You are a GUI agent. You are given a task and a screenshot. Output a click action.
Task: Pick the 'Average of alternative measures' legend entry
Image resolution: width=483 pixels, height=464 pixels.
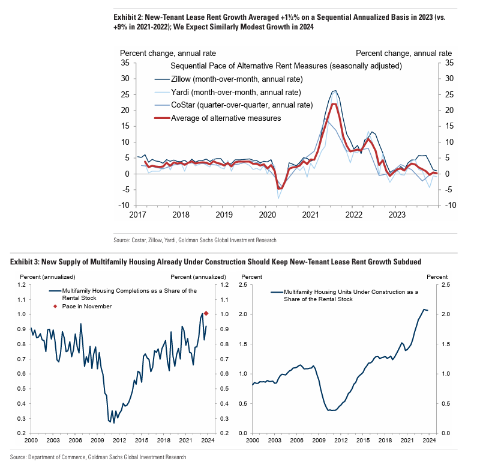[226, 118]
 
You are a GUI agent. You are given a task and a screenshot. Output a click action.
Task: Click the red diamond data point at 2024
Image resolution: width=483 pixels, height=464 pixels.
[206, 313]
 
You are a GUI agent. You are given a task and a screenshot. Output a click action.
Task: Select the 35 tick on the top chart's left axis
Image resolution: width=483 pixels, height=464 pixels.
[125, 63]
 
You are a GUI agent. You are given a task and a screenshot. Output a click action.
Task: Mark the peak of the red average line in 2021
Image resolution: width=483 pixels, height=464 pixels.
[334, 104]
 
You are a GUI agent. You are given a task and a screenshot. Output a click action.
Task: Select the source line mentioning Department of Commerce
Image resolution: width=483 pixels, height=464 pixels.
[98, 457]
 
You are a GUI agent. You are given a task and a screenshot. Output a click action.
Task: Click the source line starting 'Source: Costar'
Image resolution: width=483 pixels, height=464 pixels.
[195, 240]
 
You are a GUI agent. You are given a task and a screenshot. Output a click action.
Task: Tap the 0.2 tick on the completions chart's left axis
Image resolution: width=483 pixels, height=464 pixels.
[23, 433]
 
